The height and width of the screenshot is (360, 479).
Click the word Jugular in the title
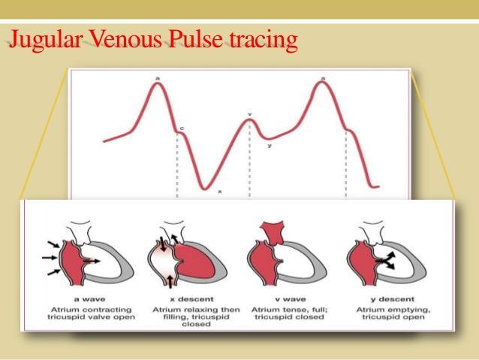[46, 40]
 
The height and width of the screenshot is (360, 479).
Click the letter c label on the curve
[182, 129]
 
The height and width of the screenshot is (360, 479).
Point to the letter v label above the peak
[249, 114]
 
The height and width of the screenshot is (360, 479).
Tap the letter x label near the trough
[220, 192]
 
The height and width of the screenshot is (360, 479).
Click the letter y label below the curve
[270, 146]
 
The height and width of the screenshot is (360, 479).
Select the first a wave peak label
[158, 79]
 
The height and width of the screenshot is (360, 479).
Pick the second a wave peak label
[323, 79]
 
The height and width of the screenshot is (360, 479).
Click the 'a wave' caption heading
[90, 299]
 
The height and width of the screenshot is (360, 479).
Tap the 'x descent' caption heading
[192, 299]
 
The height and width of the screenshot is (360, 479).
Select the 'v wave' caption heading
[290, 299]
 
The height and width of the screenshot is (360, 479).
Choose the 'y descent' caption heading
[393, 299]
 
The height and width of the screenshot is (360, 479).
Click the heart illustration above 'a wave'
[88, 253]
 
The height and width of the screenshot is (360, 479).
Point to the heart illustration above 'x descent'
[187, 255]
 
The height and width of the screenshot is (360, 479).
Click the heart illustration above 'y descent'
[387, 253]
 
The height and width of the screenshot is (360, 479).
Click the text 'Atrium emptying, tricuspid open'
[393, 313]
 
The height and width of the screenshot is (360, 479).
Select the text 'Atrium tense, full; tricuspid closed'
[289, 313]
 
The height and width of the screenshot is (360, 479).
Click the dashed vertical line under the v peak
[249, 159]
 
